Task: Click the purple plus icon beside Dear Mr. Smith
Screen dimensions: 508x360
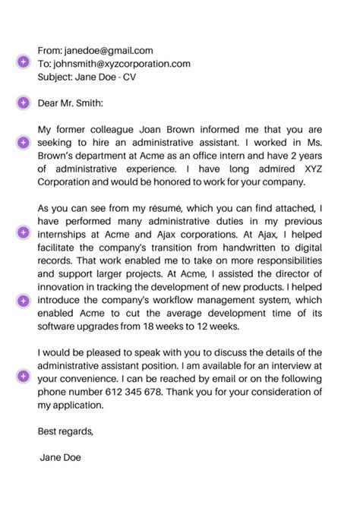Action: (22, 103)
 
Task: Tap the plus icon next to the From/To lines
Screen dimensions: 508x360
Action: (22, 62)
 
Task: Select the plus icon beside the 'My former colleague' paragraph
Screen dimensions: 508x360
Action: (22, 142)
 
